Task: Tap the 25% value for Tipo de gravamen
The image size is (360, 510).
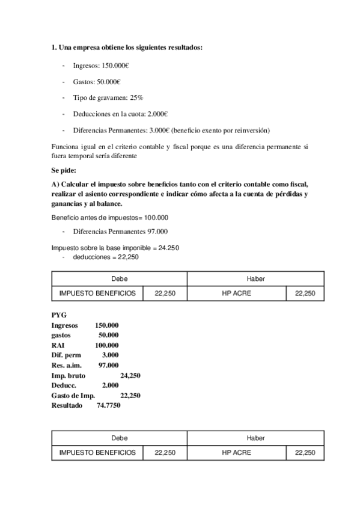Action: tap(135, 97)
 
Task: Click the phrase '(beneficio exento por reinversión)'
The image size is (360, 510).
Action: tap(221, 130)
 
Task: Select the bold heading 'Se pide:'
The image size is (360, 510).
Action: tap(64, 171)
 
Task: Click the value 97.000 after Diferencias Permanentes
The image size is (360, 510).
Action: tap(156, 231)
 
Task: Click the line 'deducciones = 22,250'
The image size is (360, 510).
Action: tap(106, 257)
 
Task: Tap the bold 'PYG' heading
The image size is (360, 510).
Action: tap(59, 315)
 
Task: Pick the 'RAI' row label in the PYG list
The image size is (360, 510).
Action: tap(58, 345)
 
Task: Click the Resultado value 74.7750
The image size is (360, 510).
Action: tap(108, 406)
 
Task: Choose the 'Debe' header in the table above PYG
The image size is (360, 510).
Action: tap(119, 278)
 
